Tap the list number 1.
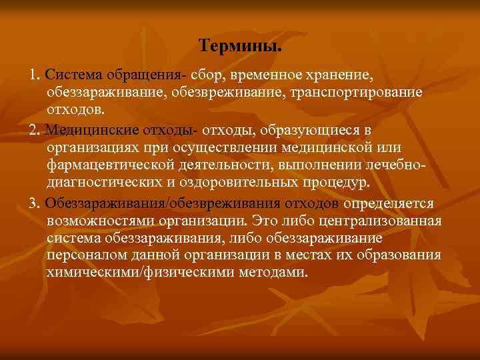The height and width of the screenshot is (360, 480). pos(33,73)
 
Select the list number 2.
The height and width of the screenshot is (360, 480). pos(34,128)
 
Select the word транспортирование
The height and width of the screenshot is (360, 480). pos(356,91)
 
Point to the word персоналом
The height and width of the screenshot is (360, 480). pos(84,256)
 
